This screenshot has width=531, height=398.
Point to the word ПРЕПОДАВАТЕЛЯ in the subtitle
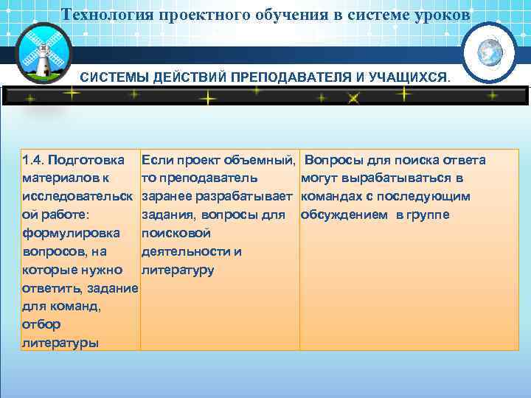coord(284,77)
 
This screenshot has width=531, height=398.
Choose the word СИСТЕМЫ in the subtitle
coord(114,77)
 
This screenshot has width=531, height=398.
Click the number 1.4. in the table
coord(35,160)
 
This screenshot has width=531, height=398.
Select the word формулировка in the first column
coord(72,233)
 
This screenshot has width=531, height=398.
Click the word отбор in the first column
coord(41,324)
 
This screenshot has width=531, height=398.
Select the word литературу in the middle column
coord(177,270)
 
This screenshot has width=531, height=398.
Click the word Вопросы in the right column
coord(330,160)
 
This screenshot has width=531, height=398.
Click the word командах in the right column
coord(330,197)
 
